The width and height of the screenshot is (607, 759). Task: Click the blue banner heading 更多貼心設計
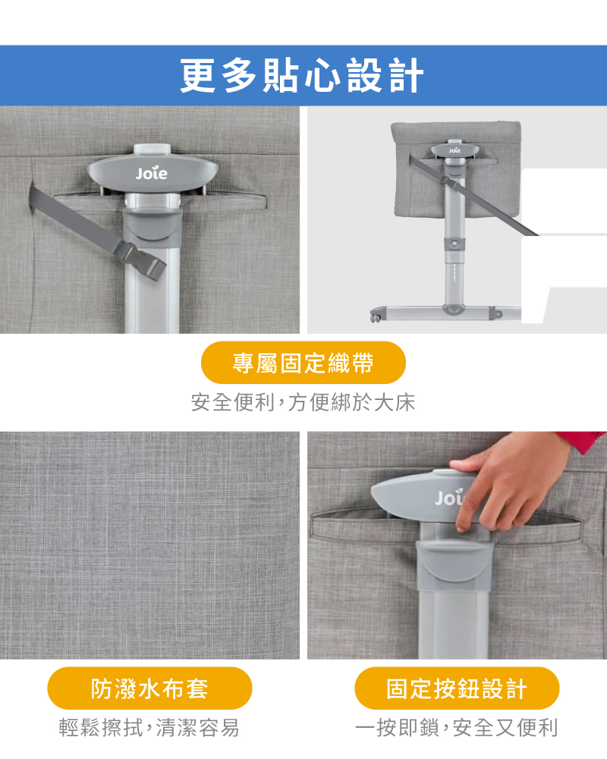(x=302, y=75)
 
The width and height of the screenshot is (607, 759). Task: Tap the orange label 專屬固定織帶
(x=303, y=363)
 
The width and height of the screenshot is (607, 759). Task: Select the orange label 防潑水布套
(x=149, y=688)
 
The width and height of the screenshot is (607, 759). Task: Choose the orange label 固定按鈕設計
(x=457, y=688)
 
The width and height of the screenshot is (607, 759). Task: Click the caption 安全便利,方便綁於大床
(x=303, y=402)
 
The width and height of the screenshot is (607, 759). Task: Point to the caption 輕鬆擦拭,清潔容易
(x=149, y=728)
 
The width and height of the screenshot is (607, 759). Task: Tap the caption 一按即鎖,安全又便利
(x=457, y=728)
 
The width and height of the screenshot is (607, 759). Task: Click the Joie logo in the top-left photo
(x=152, y=173)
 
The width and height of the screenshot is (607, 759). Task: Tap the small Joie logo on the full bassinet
(x=454, y=150)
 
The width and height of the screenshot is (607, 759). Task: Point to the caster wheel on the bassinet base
(x=374, y=317)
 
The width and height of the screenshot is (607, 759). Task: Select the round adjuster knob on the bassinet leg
(x=454, y=243)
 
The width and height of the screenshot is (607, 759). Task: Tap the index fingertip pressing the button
(x=461, y=525)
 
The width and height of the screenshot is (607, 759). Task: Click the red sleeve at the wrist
(x=583, y=440)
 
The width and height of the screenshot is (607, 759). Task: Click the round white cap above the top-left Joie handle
(x=152, y=149)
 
